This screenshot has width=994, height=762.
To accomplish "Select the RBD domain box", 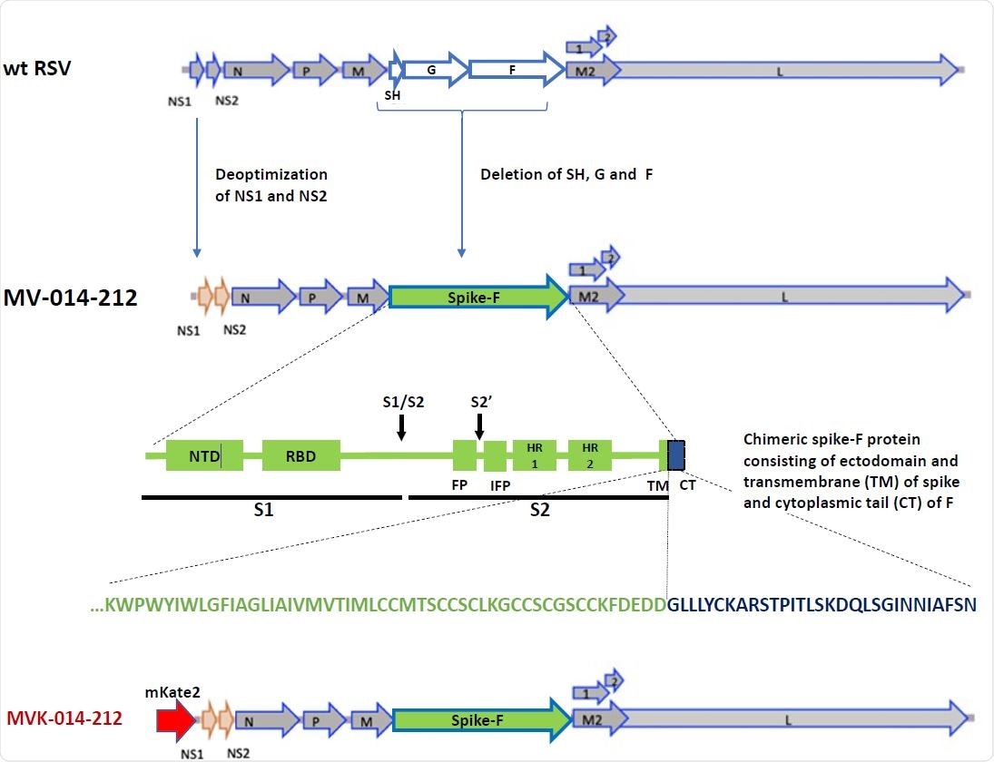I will point(300,455).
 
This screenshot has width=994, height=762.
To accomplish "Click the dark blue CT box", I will point(676,455).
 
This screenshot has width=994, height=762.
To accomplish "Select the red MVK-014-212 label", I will point(64,721).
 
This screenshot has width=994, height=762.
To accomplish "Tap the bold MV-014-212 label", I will point(70,297).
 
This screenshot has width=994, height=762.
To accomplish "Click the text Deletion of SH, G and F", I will point(566,174).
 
